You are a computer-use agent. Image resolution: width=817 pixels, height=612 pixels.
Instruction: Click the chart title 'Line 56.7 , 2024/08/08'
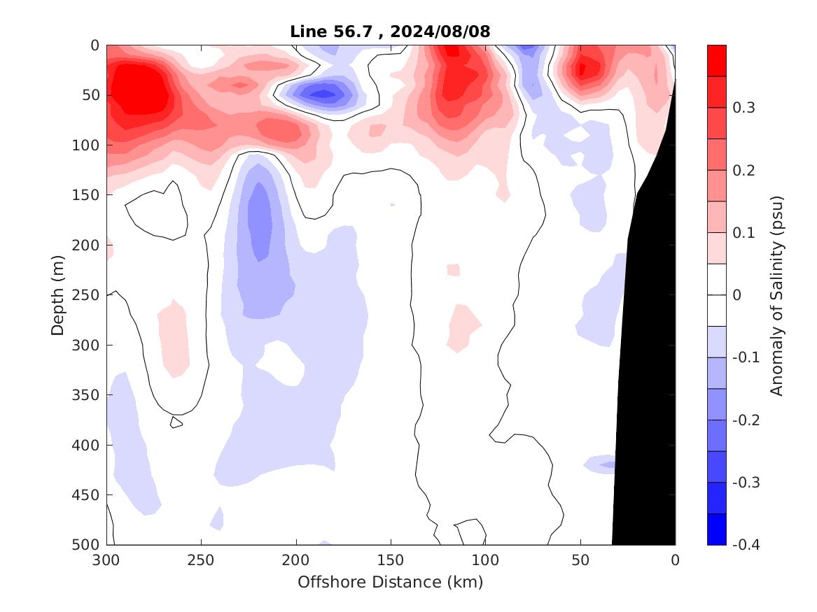pyautogui.click(x=390, y=31)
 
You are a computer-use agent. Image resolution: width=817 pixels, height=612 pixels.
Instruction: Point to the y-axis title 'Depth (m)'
pyautogui.click(x=59, y=294)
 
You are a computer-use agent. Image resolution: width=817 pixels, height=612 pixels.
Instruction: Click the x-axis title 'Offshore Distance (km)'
pyautogui.click(x=390, y=582)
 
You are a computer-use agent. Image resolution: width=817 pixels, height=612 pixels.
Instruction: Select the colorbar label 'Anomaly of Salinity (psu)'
pyautogui.click(x=776, y=295)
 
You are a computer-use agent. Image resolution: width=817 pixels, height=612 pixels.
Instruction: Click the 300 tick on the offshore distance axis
pyautogui.click(x=106, y=560)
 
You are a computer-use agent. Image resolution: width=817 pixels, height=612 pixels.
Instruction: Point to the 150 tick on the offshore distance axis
pyautogui.click(x=391, y=560)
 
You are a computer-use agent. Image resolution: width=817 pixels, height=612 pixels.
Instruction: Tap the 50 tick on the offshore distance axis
pyautogui.click(x=580, y=560)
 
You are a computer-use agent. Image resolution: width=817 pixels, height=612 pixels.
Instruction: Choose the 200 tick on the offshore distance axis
pyautogui.click(x=296, y=560)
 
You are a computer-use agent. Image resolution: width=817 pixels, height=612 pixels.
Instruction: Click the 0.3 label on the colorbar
pyautogui.click(x=742, y=108)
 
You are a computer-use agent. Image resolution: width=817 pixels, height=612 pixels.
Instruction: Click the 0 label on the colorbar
pyautogui.click(x=736, y=295)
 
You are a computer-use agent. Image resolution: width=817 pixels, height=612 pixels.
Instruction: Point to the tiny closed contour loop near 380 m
pyautogui.click(x=176, y=422)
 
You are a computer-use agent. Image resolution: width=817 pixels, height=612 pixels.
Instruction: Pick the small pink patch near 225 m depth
pyautogui.click(x=454, y=269)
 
